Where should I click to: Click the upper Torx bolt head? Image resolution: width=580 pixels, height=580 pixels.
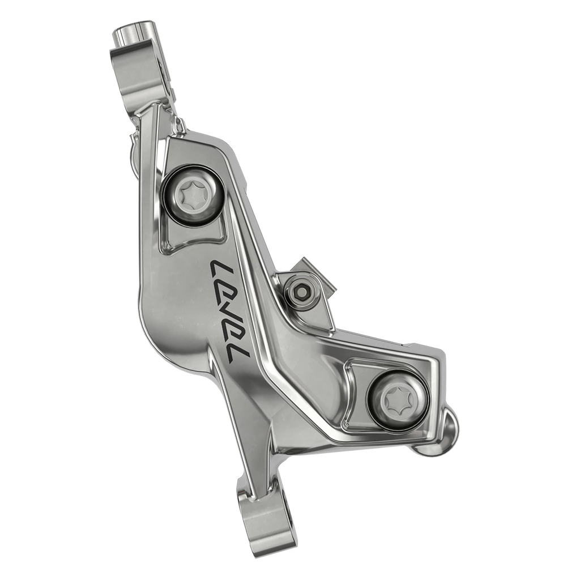(191, 195)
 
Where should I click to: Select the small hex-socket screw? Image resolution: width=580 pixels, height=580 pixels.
(301, 289)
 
